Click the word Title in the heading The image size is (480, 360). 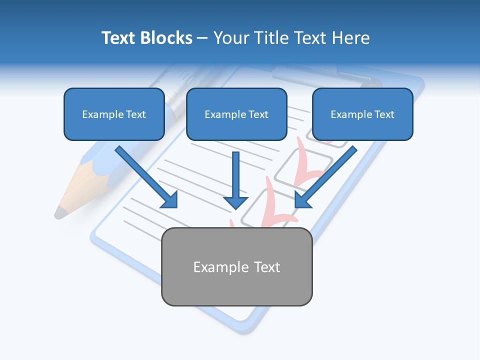click(x=269, y=38)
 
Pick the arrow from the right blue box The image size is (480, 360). click(x=330, y=173)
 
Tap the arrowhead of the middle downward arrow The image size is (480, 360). click(x=235, y=202)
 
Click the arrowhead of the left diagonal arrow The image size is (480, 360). click(x=170, y=200)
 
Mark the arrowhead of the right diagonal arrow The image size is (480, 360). click(x=302, y=200)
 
